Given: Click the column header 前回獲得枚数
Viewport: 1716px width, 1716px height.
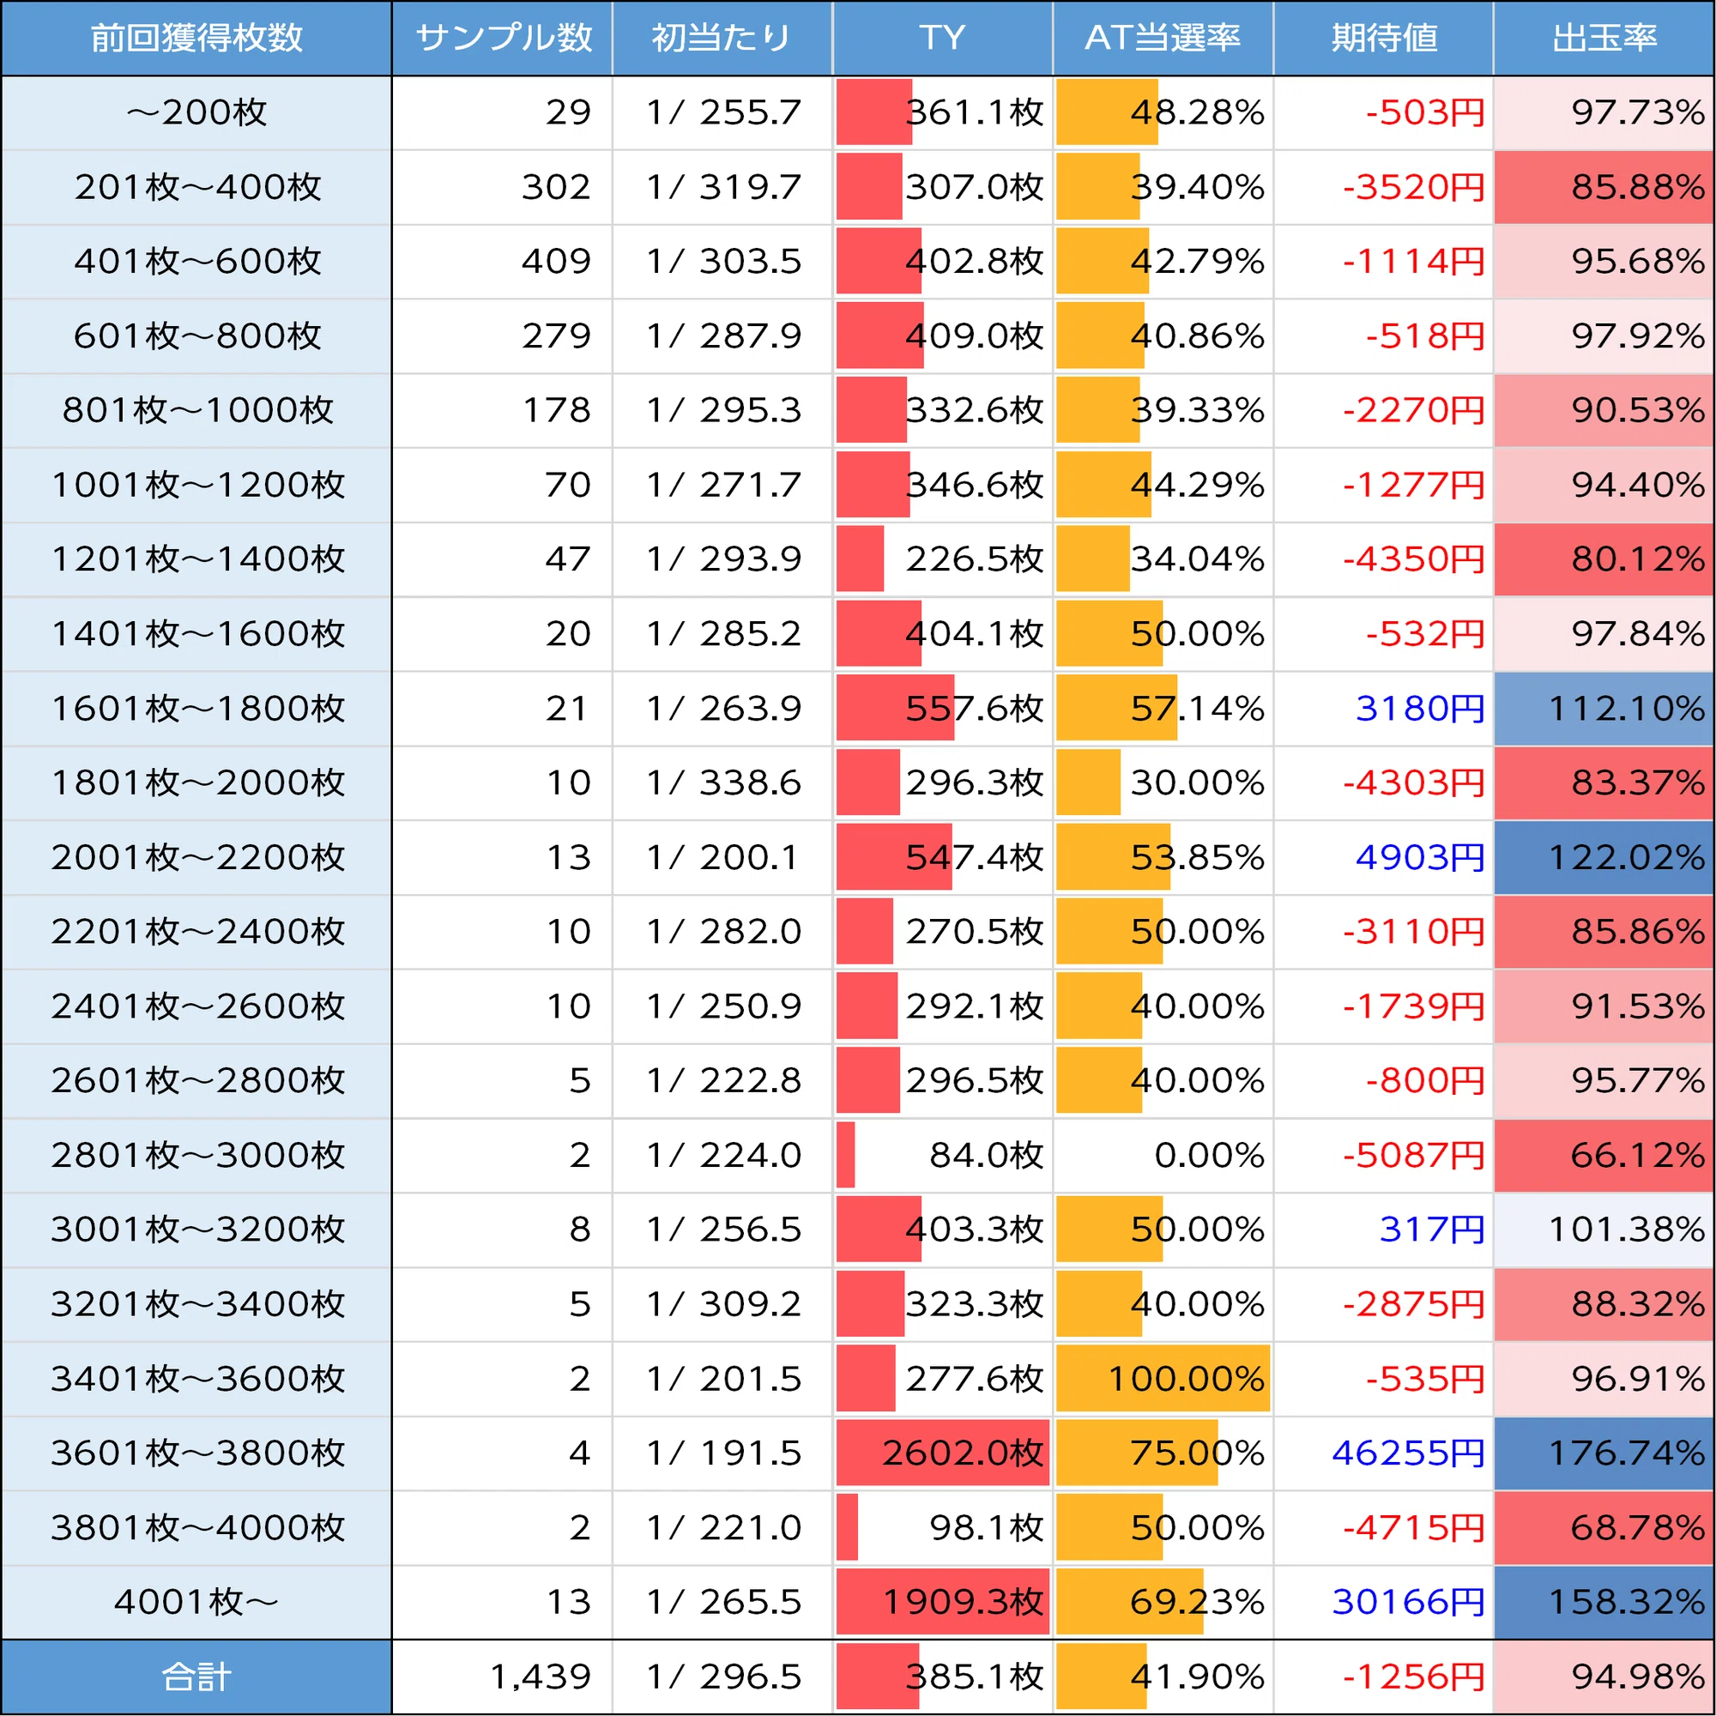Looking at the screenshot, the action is coord(196,37).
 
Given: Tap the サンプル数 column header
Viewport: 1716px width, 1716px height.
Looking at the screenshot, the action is coord(503,37).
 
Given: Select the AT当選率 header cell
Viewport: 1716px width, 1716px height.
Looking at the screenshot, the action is coord(1163,37).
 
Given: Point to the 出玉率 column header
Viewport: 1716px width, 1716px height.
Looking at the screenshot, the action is coord(1604,37).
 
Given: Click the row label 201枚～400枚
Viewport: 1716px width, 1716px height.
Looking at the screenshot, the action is coord(197,186).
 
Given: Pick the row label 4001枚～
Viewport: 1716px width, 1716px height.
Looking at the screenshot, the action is coord(196,1601).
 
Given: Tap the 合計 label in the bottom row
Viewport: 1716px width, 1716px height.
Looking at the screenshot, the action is coord(196,1676).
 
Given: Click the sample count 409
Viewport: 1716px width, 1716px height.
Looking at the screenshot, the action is coord(556,261).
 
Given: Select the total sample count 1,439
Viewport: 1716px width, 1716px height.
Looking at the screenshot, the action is coord(541,1676).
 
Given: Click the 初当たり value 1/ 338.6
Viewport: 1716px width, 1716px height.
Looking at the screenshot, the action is coord(724,782).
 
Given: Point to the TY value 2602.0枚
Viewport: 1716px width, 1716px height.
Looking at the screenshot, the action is coord(963,1453).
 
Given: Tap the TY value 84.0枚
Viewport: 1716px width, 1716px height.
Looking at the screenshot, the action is coord(987,1155).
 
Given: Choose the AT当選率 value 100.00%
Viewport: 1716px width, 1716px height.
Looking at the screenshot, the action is coord(1186,1379).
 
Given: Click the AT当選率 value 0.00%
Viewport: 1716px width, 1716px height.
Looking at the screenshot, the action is coord(1209,1155).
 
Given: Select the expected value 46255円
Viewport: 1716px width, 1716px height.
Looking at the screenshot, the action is coord(1409,1453).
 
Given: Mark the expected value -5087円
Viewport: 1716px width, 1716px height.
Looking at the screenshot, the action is coord(1414,1155).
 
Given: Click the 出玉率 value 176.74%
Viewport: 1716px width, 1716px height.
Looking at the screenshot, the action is coord(1626,1453).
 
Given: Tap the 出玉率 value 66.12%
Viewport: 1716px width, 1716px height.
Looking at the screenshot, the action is coord(1638,1155).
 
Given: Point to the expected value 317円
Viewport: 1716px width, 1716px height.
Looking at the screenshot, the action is coord(1432,1230).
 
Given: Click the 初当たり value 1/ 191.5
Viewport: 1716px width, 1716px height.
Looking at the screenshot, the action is coord(724,1453).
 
